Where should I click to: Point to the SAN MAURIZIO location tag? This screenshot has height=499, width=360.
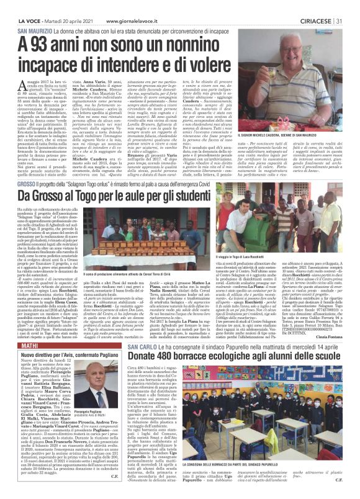click(35, 30)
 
